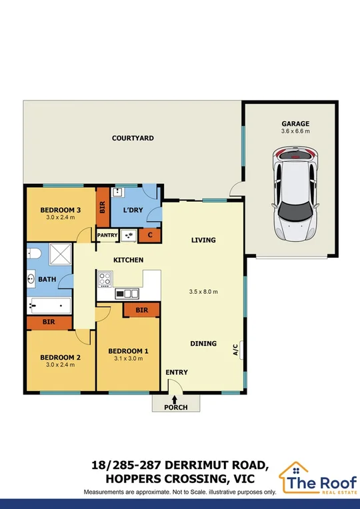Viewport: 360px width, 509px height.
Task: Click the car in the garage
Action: point(295,196)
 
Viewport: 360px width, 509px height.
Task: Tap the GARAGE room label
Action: point(295,124)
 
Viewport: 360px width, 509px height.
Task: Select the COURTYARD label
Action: point(133,139)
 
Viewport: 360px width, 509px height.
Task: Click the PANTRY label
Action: point(108,235)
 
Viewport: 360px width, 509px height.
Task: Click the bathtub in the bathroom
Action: point(49,306)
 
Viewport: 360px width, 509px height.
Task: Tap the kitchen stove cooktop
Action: point(105,278)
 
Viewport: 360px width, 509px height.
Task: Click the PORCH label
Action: point(175,407)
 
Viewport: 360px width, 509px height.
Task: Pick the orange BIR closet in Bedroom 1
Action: point(141,310)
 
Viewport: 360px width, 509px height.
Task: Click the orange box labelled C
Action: point(149,235)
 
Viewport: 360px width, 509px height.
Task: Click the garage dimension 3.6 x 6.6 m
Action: point(295,132)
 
